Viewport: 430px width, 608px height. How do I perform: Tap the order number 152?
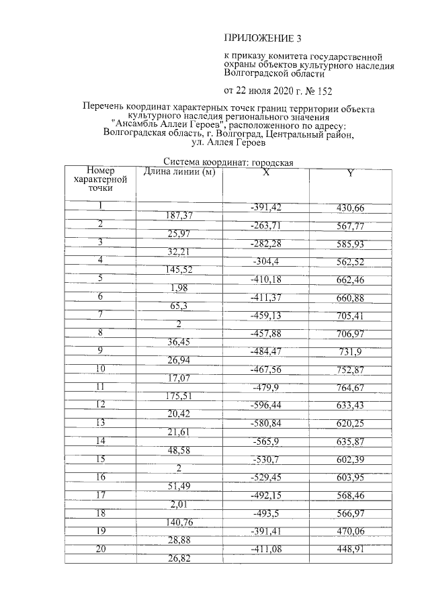(x=322, y=91)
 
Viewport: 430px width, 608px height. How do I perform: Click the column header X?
(x=266, y=173)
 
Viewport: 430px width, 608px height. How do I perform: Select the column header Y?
(x=349, y=174)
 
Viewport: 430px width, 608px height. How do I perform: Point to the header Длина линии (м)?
(x=179, y=172)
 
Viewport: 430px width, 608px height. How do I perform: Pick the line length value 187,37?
(x=179, y=216)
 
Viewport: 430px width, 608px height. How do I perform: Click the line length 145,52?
(x=179, y=270)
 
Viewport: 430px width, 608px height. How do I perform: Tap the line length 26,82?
(x=179, y=560)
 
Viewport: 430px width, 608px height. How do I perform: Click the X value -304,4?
(x=267, y=261)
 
